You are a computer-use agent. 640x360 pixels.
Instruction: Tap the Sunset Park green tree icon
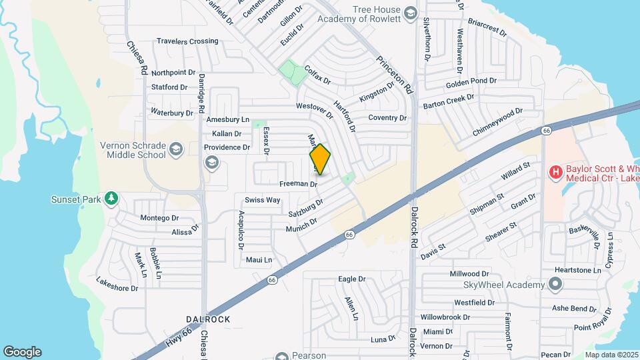click(x=112, y=199)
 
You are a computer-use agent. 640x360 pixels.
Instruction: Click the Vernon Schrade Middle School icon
click(x=176, y=148)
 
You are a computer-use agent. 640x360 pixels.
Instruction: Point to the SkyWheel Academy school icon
click(x=555, y=285)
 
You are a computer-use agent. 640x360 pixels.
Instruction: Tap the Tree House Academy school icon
click(x=411, y=13)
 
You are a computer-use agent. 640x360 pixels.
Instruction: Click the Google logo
click(x=22, y=352)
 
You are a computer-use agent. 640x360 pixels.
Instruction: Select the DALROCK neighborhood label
click(x=208, y=319)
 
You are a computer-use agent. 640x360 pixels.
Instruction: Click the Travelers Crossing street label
click(x=187, y=41)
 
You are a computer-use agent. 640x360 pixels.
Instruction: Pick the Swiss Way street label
click(x=262, y=200)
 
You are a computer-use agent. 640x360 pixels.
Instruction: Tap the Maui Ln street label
click(x=259, y=259)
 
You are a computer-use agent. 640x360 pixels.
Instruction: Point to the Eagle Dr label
click(x=353, y=279)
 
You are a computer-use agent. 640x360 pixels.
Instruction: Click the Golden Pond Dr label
click(x=471, y=81)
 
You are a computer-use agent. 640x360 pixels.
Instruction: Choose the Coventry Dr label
click(x=387, y=118)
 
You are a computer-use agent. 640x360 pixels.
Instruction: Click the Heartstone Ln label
click(x=578, y=270)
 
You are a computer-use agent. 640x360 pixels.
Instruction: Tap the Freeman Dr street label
click(x=298, y=183)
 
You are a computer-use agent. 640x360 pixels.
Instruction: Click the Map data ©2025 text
click(x=611, y=355)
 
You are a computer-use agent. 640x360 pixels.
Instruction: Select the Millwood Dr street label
click(x=469, y=273)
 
